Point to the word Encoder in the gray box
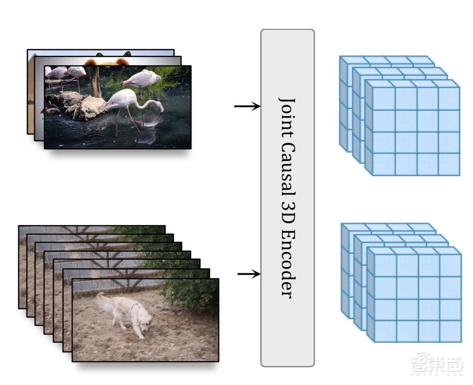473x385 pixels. click(x=287, y=263)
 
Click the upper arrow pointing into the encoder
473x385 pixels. click(x=247, y=106)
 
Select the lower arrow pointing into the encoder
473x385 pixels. click(x=249, y=274)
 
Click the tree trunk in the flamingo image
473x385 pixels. click(x=95, y=81)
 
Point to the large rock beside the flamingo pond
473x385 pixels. click(x=89, y=107)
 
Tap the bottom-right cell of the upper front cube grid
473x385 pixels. click(x=449, y=164)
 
